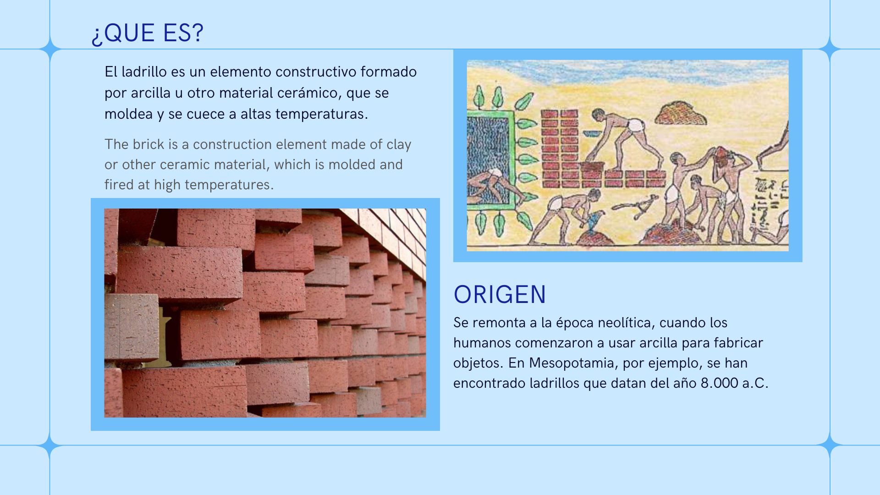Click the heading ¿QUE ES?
tap(147, 33)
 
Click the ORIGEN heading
tap(500, 294)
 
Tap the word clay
tap(399, 145)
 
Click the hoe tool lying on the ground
tap(637, 205)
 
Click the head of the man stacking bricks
tap(598, 114)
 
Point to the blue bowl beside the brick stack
tap(592, 134)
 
